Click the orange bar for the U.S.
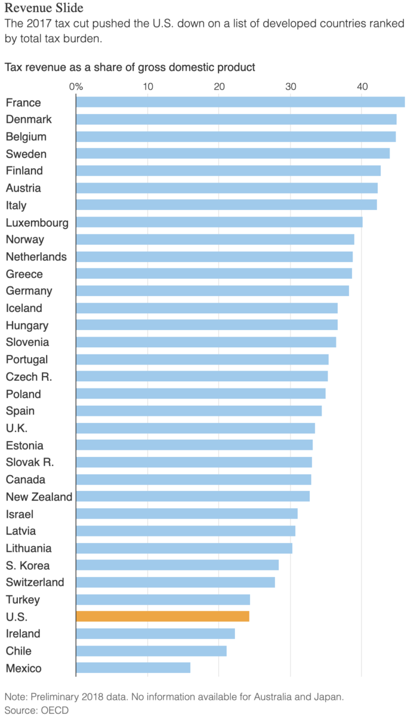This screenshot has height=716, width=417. (162, 616)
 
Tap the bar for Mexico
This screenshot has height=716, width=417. (133, 668)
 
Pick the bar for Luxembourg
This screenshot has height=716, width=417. (219, 223)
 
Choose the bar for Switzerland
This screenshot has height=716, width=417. (175, 582)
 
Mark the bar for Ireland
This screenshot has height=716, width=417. (155, 634)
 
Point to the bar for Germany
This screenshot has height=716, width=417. (212, 291)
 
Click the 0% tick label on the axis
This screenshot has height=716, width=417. (76, 87)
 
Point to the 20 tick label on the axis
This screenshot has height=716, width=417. (219, 87)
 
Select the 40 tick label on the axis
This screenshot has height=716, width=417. (362, 87)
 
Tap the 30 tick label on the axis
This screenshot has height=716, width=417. (291, 87)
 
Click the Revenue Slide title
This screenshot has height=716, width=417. (44, 8)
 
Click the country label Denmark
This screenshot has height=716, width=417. (29, 119)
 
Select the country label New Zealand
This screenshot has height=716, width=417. (39, 497)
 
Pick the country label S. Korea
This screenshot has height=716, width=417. (27, 566)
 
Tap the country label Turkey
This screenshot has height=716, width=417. (23, 600)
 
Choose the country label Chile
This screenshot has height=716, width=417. (18, 651)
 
